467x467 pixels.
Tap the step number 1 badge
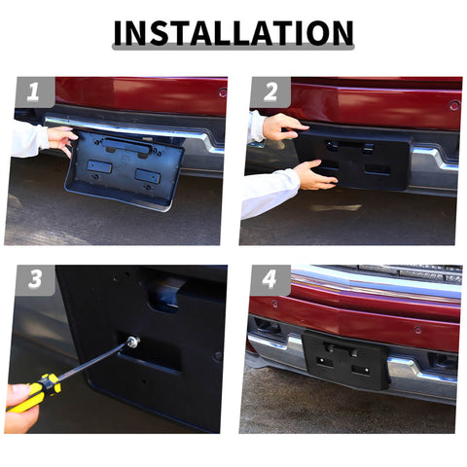tap(34, 92)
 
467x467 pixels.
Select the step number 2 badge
tap(269, 92)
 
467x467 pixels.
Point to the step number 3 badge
tap(34, 280)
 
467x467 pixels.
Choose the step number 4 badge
tap(269, 280)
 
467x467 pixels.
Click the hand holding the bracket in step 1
tap(61, 138)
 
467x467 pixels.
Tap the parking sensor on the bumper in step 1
tap(222, 93)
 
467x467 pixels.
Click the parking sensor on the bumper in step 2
tap(454, 104)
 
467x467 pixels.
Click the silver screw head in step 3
tap(133, 341)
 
